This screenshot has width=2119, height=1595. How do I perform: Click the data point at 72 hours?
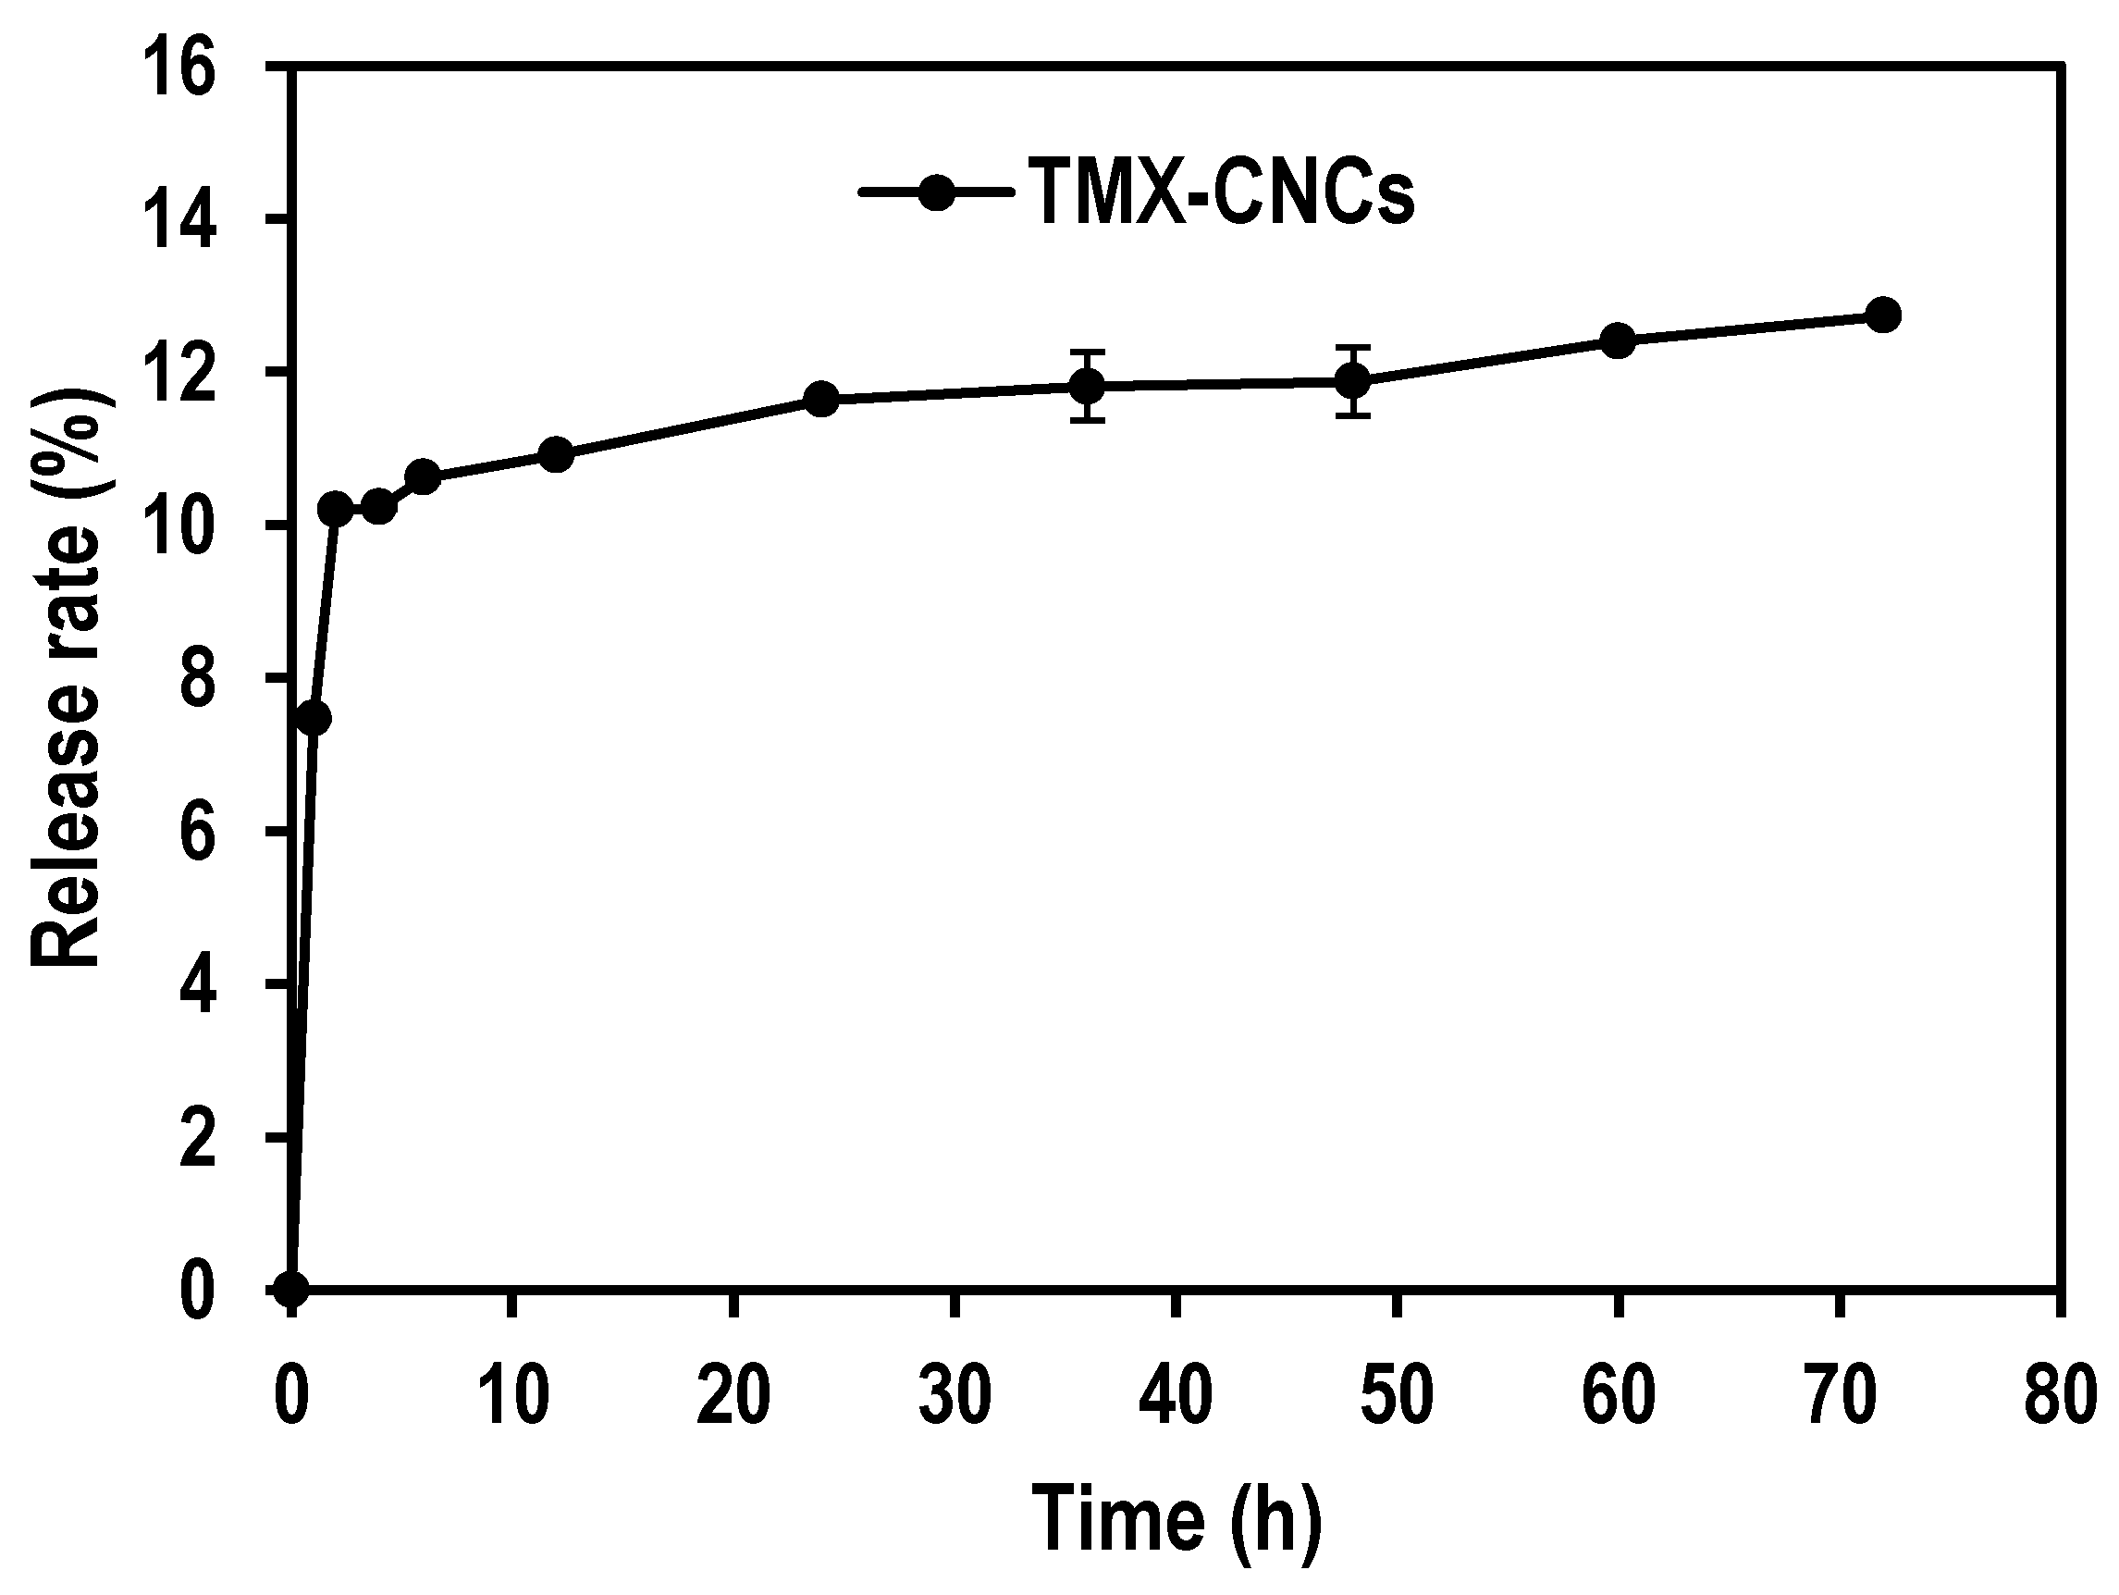click(x=1883, y=315)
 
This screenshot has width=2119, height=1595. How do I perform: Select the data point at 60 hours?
click(x=1618, y=340)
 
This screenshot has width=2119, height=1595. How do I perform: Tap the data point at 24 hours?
click(x=821, y=399)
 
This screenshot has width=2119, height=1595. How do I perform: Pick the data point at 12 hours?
click(x=556, y=454)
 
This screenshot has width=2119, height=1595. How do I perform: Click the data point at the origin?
click(x=291, y=1290)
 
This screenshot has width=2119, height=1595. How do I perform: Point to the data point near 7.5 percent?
click(x=314, y=719)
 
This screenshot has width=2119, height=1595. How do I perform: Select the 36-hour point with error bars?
click(x=1088, y=386)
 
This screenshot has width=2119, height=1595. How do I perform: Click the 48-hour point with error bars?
click(x=1352, y=381)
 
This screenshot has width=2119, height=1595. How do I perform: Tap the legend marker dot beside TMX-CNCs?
click(x=935, y=192)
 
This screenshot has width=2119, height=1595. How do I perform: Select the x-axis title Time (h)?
click(x=1177, y=1520)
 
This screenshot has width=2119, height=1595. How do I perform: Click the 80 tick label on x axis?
click(x=2060, y=1396)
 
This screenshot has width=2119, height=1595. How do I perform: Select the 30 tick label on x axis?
click(x=955, y=1396)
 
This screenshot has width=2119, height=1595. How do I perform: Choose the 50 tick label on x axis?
click(x=1397, y=1396)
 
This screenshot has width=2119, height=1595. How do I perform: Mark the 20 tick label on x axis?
click(x=733, y=1396)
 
